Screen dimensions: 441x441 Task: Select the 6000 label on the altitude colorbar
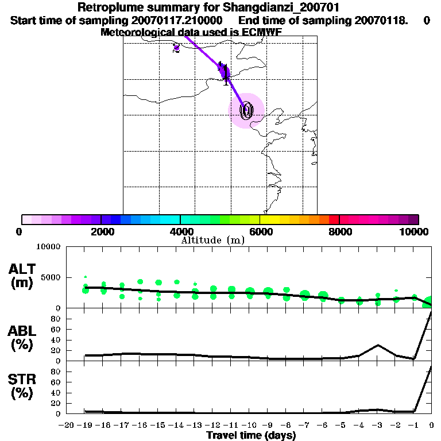pos(260,231)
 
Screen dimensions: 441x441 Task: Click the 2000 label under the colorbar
pos(100,231)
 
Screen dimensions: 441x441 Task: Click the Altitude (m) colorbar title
pos(212,240)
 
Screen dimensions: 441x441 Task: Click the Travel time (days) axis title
pos(251,435)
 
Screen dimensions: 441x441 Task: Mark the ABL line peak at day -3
pos(378,345)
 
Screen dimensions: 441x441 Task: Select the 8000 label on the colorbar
pos(339,231)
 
